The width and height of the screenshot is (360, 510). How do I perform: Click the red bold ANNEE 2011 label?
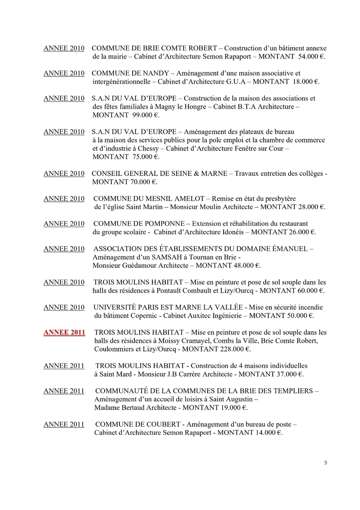click(x=64, y=332)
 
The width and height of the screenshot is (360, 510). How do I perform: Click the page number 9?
click(x=325, y=463)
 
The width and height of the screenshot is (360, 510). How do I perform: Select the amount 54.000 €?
click(x=312, y=57)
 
